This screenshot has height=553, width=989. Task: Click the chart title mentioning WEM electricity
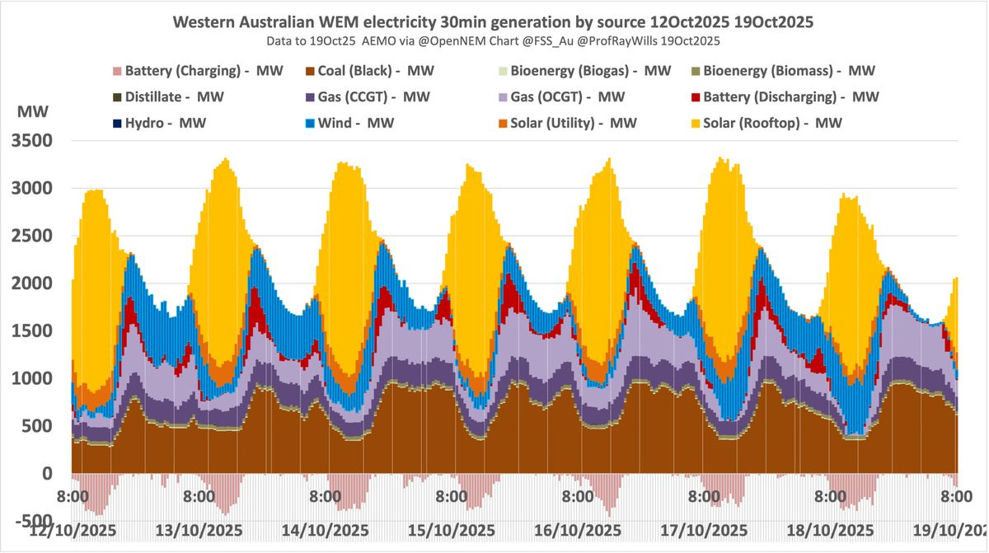493,22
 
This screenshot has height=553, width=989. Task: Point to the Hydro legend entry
162,124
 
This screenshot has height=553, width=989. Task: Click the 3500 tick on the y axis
31,141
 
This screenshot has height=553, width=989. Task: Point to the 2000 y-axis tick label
31,284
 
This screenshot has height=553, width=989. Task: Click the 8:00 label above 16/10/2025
577,498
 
